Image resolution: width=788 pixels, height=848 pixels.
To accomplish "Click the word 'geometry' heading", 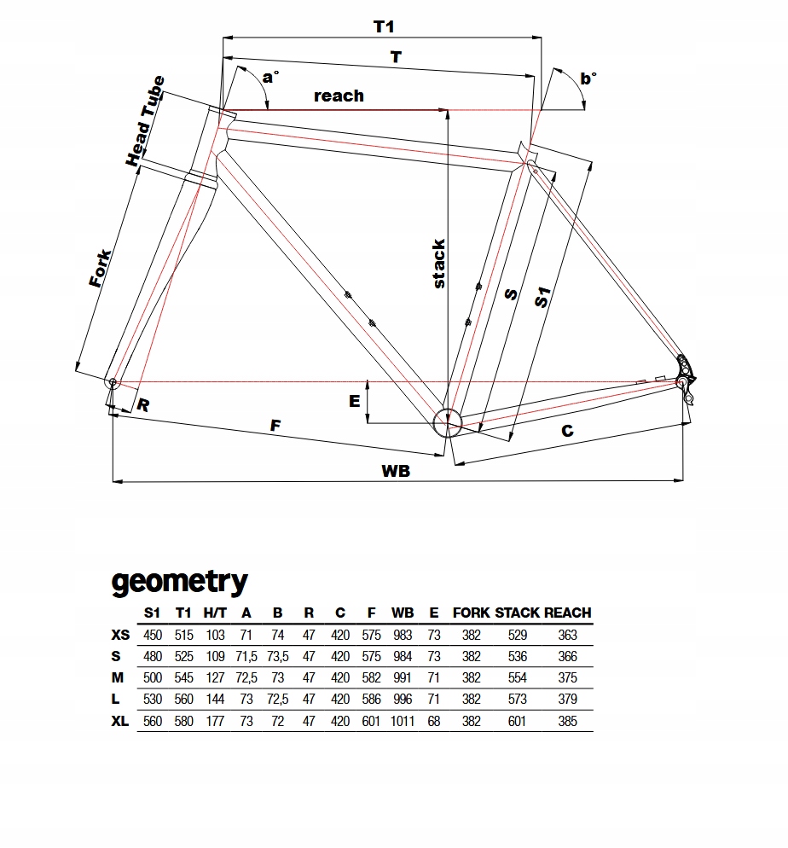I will [x=179, y=582].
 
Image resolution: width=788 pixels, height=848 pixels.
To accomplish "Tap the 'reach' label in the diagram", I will [x=339, y=96].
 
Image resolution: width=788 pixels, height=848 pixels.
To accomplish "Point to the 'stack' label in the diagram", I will [x=438, y=264].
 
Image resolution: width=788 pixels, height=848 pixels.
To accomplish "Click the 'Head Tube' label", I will [x=144, y=121].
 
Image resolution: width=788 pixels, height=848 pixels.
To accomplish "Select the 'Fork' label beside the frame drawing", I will [x=101, y=268].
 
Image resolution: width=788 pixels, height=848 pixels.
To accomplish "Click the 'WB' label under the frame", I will [x=395, y=470].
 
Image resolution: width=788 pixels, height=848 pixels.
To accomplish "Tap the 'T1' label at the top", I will [x=384, y=26].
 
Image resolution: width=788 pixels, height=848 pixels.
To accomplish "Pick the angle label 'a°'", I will [x=269, y=78].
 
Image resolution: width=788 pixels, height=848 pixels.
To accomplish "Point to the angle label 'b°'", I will [x=588, y=78].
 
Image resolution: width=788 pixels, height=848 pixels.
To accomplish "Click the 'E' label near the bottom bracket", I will [x=355, y=400].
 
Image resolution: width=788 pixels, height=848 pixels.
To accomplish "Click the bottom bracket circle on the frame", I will [x=447, y=421].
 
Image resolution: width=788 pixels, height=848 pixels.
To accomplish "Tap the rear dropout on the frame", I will [x=683, y=375].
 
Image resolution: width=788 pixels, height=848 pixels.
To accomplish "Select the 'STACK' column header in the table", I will [x=517, y=613].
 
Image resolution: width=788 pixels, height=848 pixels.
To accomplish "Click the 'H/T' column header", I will [x=215, y=613].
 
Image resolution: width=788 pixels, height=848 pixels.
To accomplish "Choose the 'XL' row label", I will [x=120, y=721].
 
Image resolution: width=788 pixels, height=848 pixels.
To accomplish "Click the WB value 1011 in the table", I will [x=403, y=721].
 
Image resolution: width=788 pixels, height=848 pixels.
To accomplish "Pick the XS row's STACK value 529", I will [x=517, y=635].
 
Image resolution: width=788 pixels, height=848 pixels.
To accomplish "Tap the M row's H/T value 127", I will [x=215, y=678].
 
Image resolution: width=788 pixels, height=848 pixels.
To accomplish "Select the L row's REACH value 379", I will [x=567, y=700].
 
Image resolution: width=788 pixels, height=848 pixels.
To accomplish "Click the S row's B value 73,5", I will [x=278, y=657].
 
